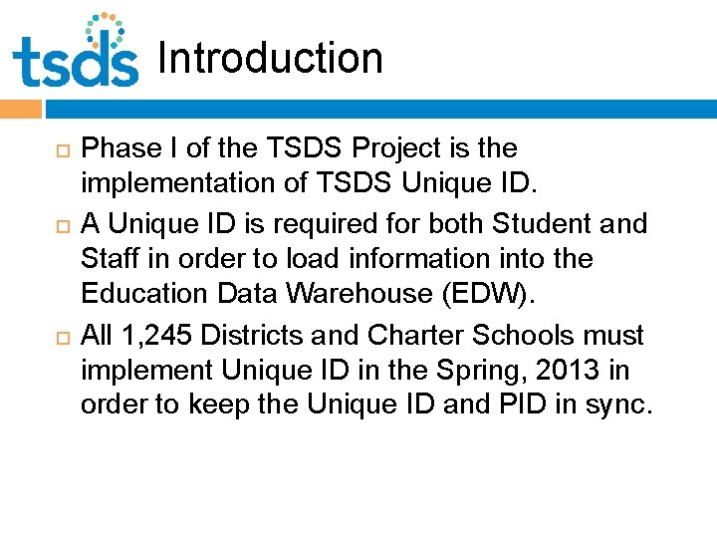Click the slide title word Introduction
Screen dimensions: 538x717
pos(270,58)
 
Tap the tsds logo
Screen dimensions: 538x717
pos(77,52)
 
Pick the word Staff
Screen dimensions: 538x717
pos(110,259)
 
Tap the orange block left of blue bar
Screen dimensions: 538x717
pos(19,107)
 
